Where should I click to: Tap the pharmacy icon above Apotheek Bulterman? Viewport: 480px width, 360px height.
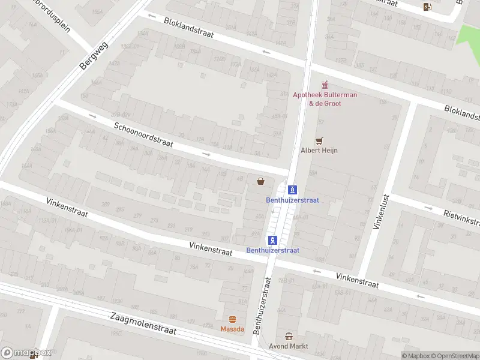tap(325, 84)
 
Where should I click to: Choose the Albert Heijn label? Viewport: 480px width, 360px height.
tap(319, 150)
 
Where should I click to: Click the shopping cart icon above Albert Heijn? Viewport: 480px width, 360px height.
tap(319, 140)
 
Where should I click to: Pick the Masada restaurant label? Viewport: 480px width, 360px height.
tap(232, 329)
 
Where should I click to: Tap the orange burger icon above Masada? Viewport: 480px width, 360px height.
tap(232, 319)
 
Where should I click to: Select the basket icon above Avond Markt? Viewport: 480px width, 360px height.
tap(289, 337)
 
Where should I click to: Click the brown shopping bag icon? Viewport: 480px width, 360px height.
tap(260, 181)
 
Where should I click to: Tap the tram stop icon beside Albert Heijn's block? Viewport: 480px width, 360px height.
tap(292, 189)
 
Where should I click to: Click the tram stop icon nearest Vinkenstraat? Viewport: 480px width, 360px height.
tap(272, 240)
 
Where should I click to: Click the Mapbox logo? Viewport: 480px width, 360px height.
tap(26, 353)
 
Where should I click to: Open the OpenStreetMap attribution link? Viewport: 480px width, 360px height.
tap(453, 356)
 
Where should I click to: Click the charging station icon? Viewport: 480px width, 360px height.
tap(427, 7)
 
